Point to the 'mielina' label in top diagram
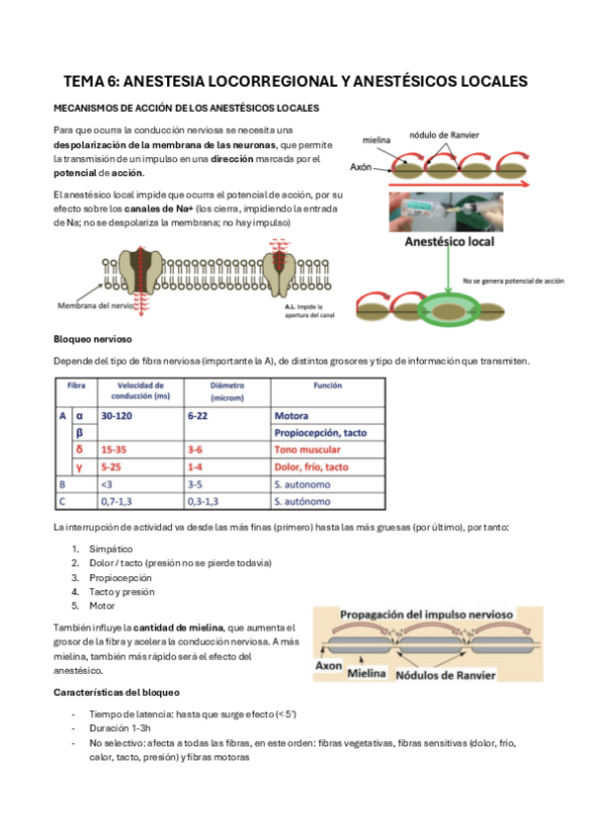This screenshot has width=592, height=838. pyautogui.click(x=377, y=141)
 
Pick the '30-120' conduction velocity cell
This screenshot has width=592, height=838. pyautogui.click(x=119, y=416)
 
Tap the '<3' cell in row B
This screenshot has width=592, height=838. pyautogui.click(x=106, y=483)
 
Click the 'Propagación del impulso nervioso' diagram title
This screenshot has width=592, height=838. pyautogui.click(x=427, y=615)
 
